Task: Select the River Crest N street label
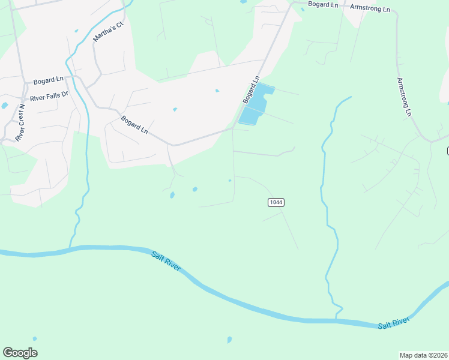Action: click(21, 122)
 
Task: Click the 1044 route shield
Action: click(276, 202)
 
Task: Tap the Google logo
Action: click(20, 353)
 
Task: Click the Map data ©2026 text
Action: click(424, 355)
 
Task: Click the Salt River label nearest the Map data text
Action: click(393, 323)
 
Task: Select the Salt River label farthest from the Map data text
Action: click(166, 262)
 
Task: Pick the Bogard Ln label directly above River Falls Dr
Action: click(49, 80)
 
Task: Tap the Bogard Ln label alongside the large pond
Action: click(250, 89)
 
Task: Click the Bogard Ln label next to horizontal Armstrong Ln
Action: click(323, 4)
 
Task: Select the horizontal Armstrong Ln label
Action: click(370, 10)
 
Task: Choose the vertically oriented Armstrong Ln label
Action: click(404, 96)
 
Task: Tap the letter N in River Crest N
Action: click(22, 107)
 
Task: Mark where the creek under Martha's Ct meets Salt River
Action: click(70, 247)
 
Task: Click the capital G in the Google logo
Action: click(8, 353)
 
